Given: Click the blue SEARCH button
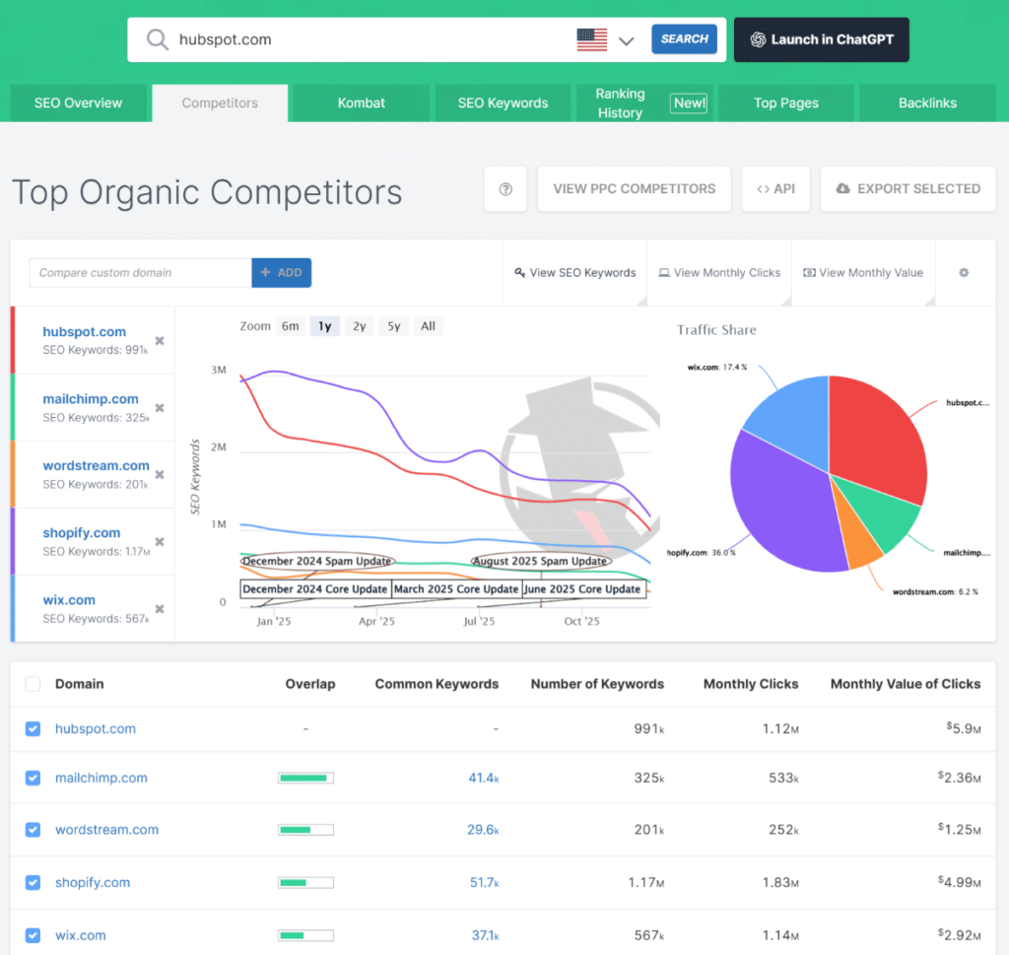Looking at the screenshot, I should coord(684,39).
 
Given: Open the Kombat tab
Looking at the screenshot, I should coord(361,102).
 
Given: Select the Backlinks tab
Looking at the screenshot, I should coord(927,102).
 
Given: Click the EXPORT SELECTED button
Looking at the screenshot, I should coord(908,188).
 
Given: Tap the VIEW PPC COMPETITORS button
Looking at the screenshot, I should coord(634,188).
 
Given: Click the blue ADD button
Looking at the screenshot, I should coord(282,273).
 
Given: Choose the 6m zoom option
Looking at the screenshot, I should coord(290,326).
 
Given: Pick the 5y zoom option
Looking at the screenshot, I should coord(393,326).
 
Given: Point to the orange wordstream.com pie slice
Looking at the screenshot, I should coord(863,548).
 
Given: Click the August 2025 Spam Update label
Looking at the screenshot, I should coord(539,561).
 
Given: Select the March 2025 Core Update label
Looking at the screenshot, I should coord(456,589).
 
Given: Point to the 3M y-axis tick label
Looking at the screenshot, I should coord(218,371).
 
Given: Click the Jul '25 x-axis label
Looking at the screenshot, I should coord(479,622).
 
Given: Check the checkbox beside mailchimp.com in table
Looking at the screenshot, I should coord(33,778).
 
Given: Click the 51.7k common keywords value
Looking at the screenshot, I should coord(483,882).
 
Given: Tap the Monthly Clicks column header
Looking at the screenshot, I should coord(751,684).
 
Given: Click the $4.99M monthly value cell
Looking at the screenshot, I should coord(959,882).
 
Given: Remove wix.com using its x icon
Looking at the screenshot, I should coord(160,609).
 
